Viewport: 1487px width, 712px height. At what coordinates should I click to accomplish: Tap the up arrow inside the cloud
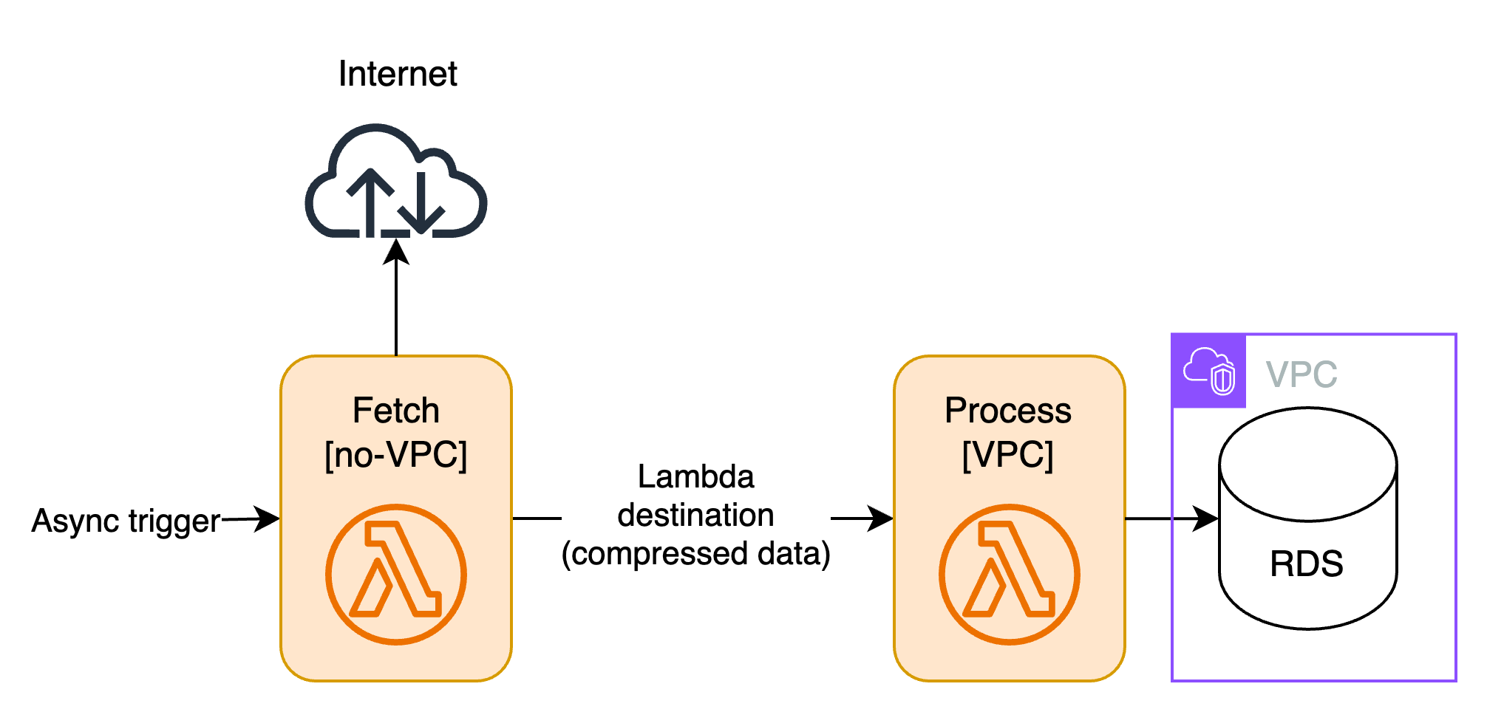[370, 202]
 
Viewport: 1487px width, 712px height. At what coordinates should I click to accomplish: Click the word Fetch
[396, 411]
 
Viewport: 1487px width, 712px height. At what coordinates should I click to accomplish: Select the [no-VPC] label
[396, 455]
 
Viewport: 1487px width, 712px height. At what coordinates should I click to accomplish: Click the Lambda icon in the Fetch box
[396, 574]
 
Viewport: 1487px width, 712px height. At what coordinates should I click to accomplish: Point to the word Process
[1008, 411]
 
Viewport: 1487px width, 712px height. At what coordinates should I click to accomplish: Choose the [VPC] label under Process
[1008, 455]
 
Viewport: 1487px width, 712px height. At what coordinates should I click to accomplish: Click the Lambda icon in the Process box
[1010, 574]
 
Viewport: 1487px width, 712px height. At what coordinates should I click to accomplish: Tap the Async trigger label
[126, 521]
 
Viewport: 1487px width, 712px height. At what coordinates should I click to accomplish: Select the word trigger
[174, 521]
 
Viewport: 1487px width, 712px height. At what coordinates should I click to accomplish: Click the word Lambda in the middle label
[696, 477]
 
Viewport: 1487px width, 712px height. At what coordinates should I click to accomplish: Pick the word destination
[696, 516]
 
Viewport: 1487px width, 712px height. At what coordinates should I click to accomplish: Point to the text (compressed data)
[696, 554]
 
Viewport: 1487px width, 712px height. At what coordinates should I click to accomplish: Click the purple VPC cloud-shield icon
[1209, 372]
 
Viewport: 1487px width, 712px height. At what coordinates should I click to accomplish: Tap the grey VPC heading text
[1301, 374]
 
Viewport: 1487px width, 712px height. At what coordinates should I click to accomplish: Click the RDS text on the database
[1307, 564]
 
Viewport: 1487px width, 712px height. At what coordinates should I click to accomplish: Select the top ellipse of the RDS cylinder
[1308, 465]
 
